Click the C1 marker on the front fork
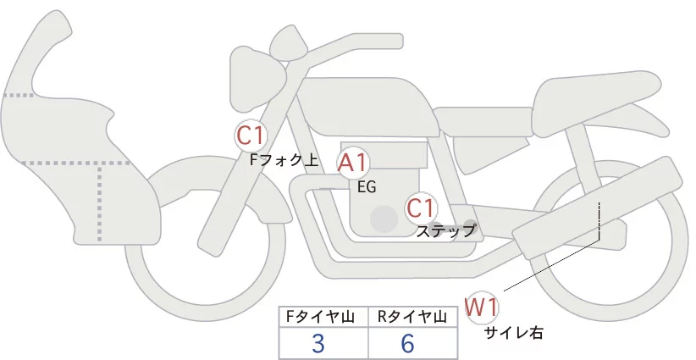coord(251,134)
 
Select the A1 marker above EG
coord(352,163)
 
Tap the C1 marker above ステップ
coord(421,207)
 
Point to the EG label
coord(366,186)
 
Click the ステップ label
coord(445,230)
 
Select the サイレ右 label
coord(513,333)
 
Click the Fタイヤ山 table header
coord(323,316)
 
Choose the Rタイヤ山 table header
coord(412,316)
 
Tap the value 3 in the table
coord(318,343)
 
